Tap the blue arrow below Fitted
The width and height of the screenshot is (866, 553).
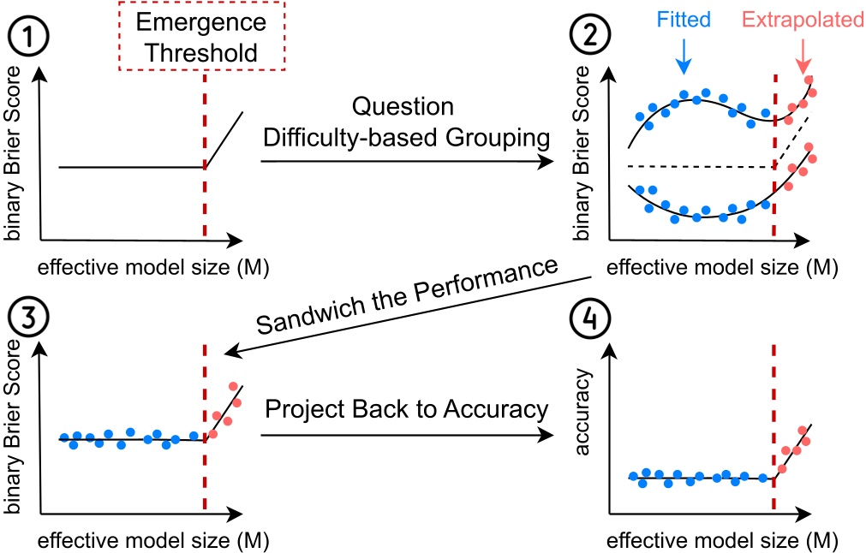tap(684, 56)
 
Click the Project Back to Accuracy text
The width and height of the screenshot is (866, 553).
tap(406, 409)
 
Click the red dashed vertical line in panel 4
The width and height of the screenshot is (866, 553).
tap(775, 411)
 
